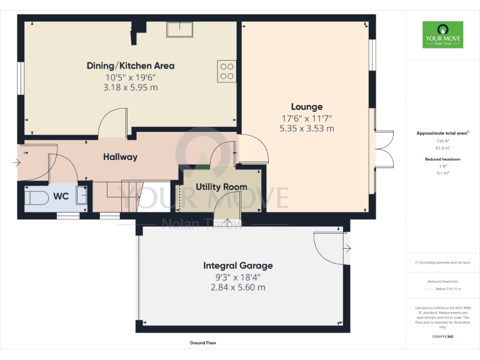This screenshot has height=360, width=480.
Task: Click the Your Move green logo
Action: pos(442,35)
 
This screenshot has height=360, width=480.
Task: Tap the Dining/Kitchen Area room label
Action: pos(130,66)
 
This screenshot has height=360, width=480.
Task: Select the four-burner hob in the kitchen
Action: pos(227,71)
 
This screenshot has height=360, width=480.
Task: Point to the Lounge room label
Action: pos(306,107)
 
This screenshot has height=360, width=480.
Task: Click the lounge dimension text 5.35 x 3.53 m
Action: pos(306,128)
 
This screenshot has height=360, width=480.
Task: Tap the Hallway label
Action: pos(120,157)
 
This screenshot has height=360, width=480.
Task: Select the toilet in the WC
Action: pos(37,197)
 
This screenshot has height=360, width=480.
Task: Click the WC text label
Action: pos(61,196)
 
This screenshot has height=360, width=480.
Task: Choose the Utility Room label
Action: pos(221,187)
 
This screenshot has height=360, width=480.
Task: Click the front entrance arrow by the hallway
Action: pos(16,163)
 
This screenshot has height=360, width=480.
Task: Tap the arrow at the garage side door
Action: pos(347,249)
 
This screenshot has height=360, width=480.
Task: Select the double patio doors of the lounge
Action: pos(382,151)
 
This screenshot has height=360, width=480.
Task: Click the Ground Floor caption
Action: pos(203,343)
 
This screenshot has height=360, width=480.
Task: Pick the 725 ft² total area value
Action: pos(442,142)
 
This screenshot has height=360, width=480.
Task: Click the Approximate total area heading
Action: pos(442,133)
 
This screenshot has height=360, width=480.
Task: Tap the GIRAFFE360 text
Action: pos(442,337)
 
